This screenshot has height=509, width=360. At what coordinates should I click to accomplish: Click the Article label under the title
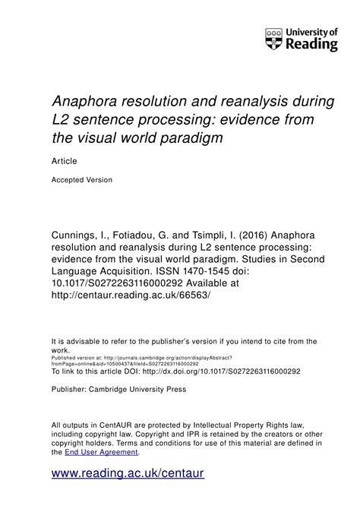pyautogui.click(x=64, y=160)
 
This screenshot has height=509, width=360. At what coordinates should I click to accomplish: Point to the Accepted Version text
pyautogui.click(x=82, y=180)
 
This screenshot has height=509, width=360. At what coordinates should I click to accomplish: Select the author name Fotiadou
pyautogui.click(x=147, y=214)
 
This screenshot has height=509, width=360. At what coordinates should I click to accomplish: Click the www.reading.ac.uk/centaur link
pyautogui.click(x=128, y=474)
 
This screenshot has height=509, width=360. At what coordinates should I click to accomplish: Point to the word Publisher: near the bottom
pyautogui.click(x=73, y=390)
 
